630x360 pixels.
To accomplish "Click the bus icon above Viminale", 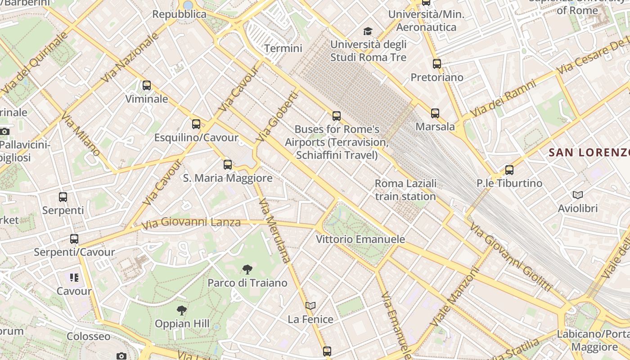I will pyautogui.click(x=147, y=85).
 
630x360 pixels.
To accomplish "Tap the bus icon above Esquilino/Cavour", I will pyautogui.click(x=196, y=124).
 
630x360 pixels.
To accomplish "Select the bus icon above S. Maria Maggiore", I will pyautogui.click(x=228, y=165).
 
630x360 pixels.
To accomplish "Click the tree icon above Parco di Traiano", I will pyautogui.click(x=247, y=270).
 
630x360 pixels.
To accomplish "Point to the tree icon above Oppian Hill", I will pyautogui.click(x=182, y=310).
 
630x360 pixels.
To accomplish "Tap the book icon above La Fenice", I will pyautogui.click(x=310, y=306).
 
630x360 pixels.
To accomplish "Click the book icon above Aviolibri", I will pyautogui.click(x=578, y=195).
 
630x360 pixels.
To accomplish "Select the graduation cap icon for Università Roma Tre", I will pyautogui.click(x=368, y=31).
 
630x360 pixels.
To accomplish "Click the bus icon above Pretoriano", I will pyautogui.click(x=436, y=64).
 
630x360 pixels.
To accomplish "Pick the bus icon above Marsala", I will pyautogui.click(x=435, y=113).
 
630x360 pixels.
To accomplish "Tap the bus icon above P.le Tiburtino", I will pyautogui.click(x=509, y=170).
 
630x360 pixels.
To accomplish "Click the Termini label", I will pyautogui.click(x=283, y=48).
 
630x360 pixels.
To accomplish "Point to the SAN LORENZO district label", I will pyautogui.click(x=589, y=153).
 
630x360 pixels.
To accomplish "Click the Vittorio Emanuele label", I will pyautogui.click(x=360, y=239).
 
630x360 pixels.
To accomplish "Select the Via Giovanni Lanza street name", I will pyautogui.click(x=191, y=222).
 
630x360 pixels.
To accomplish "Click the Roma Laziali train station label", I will pyautogui.click(x=405, y=190).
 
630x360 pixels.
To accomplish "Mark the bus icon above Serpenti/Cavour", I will pyautogui.click(x=74, y=239).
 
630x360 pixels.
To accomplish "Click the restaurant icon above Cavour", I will pyautogui.click(x=74, y=278).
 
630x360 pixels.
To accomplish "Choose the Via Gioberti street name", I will pyautogui.click(x=277, y=117).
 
